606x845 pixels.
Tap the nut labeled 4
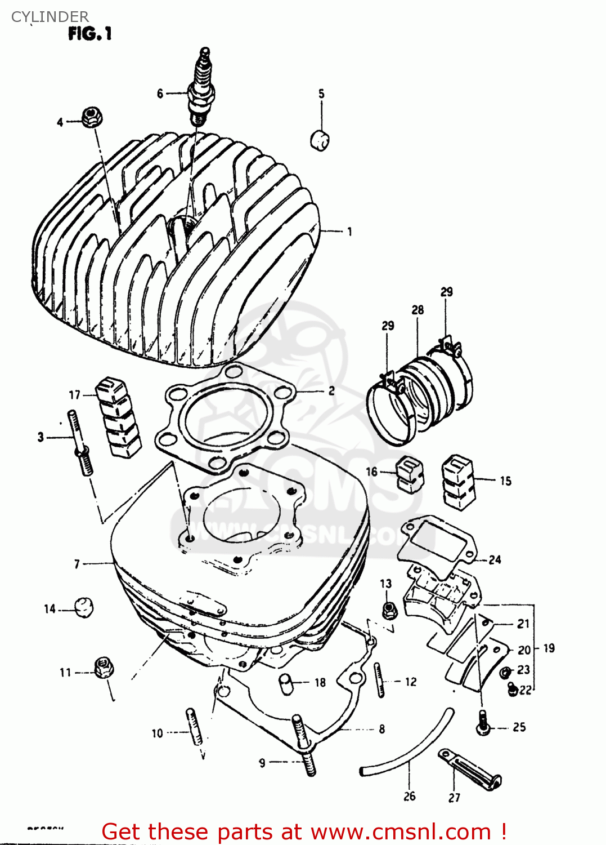click(x=91, y=117)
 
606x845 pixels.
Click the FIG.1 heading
click(x=90, y=34)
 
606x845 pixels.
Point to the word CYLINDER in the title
click(x=50, y=17)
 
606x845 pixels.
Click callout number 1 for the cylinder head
click(x=349, y=232)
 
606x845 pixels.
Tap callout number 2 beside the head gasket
click(x=331, y=390)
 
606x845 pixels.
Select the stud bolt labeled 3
click(x=80, y=443)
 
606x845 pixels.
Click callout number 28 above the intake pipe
click(x=418, y=310)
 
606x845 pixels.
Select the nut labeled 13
click(x=388, y=609)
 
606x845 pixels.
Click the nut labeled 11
click(x=102, y=668)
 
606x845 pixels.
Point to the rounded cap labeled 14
click(x=84, y=607)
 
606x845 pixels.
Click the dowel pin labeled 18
click(x=288, y=683)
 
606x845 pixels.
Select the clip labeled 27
click(x=470, y=770)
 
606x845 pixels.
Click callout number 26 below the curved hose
click(x=409, y=796)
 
